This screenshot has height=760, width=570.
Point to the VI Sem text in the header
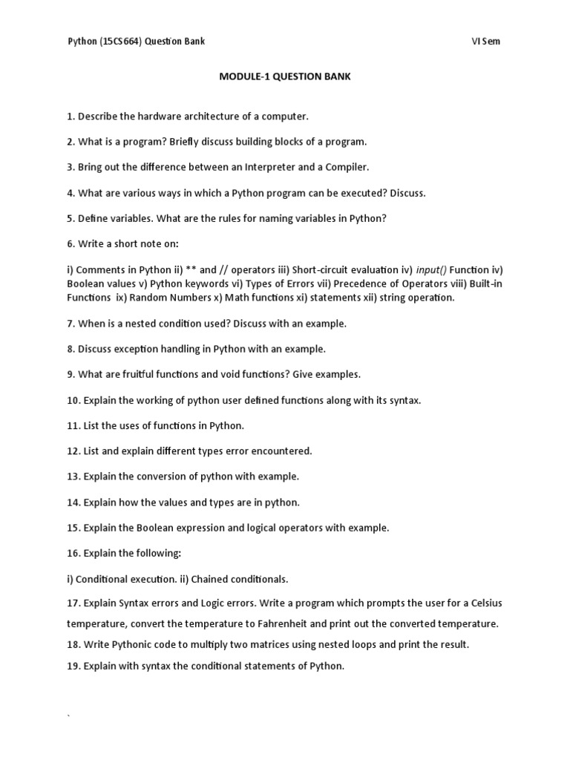(485, 42)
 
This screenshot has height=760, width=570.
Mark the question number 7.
(71, 324)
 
